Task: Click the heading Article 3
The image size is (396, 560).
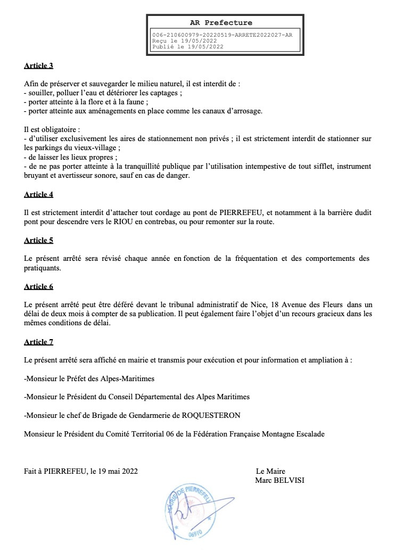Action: point(38,66)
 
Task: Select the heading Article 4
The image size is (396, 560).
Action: point(38,194)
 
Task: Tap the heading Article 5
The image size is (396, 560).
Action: point(38,240)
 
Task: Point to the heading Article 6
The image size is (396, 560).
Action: point(38,286)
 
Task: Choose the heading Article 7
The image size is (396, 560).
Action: point(38,342)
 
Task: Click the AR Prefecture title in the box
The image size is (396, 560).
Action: point(221,23)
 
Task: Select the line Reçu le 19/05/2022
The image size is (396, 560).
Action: point(184,40)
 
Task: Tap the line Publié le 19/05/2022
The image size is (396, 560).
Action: point(188,46)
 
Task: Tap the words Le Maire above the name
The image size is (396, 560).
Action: point(270,471)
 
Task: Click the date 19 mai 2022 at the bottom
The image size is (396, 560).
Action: point(118,471)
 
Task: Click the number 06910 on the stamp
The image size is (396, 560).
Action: point(195,532)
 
